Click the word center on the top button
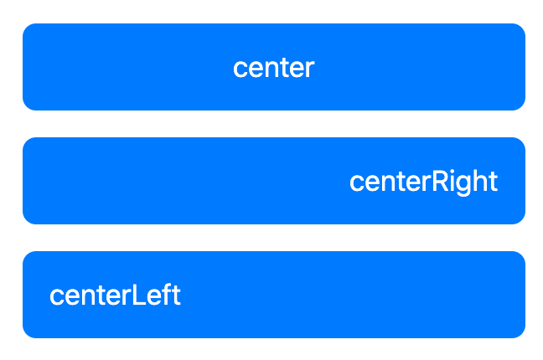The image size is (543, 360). tap(274, 68)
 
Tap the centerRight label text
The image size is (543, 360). tap(423, 182)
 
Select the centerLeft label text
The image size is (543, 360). tap(115, 295)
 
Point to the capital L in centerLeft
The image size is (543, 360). tap(138, 295)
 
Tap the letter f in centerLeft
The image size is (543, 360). tap(168, 294)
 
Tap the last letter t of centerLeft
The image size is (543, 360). tap(176, 296)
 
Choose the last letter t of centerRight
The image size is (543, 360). tap(494, 182)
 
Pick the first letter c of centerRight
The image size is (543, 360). tap(356, 183)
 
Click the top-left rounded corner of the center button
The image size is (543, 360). tap(25, 26)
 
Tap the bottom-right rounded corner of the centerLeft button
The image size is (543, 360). tap(523, 335)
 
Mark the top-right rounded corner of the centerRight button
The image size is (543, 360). tap(523, 140)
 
